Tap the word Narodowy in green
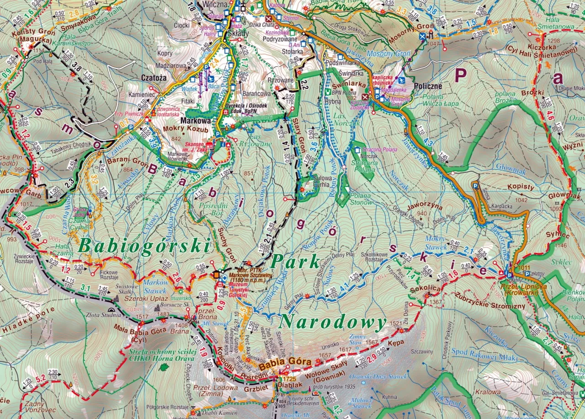point(333,322)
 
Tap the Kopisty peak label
point(520,188)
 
